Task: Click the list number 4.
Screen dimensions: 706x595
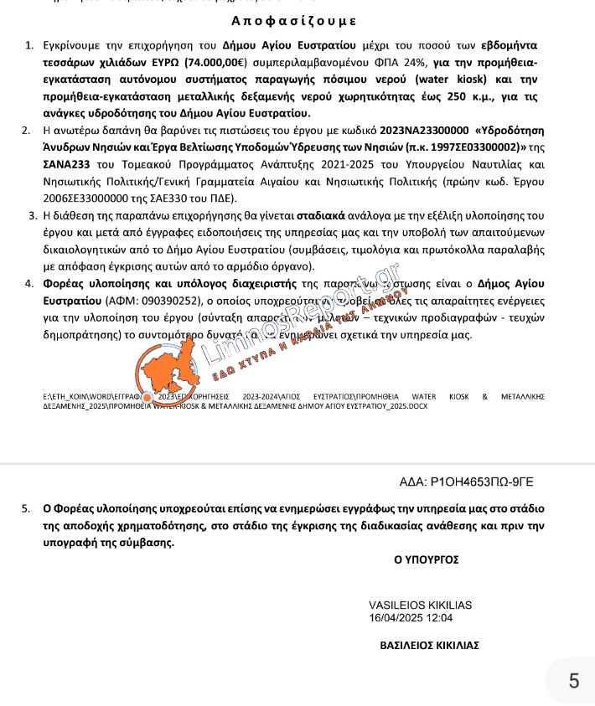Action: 29,284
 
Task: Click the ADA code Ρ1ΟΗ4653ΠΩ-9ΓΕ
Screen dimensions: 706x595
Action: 481,482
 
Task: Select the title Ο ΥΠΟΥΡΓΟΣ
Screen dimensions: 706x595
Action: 426,559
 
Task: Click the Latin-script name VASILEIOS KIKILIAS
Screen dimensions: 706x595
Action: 420,606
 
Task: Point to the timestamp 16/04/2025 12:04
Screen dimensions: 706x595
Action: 411,618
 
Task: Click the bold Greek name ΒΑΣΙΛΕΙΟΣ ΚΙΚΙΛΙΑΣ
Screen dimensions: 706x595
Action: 429,646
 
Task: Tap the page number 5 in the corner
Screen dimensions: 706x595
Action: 573,681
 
